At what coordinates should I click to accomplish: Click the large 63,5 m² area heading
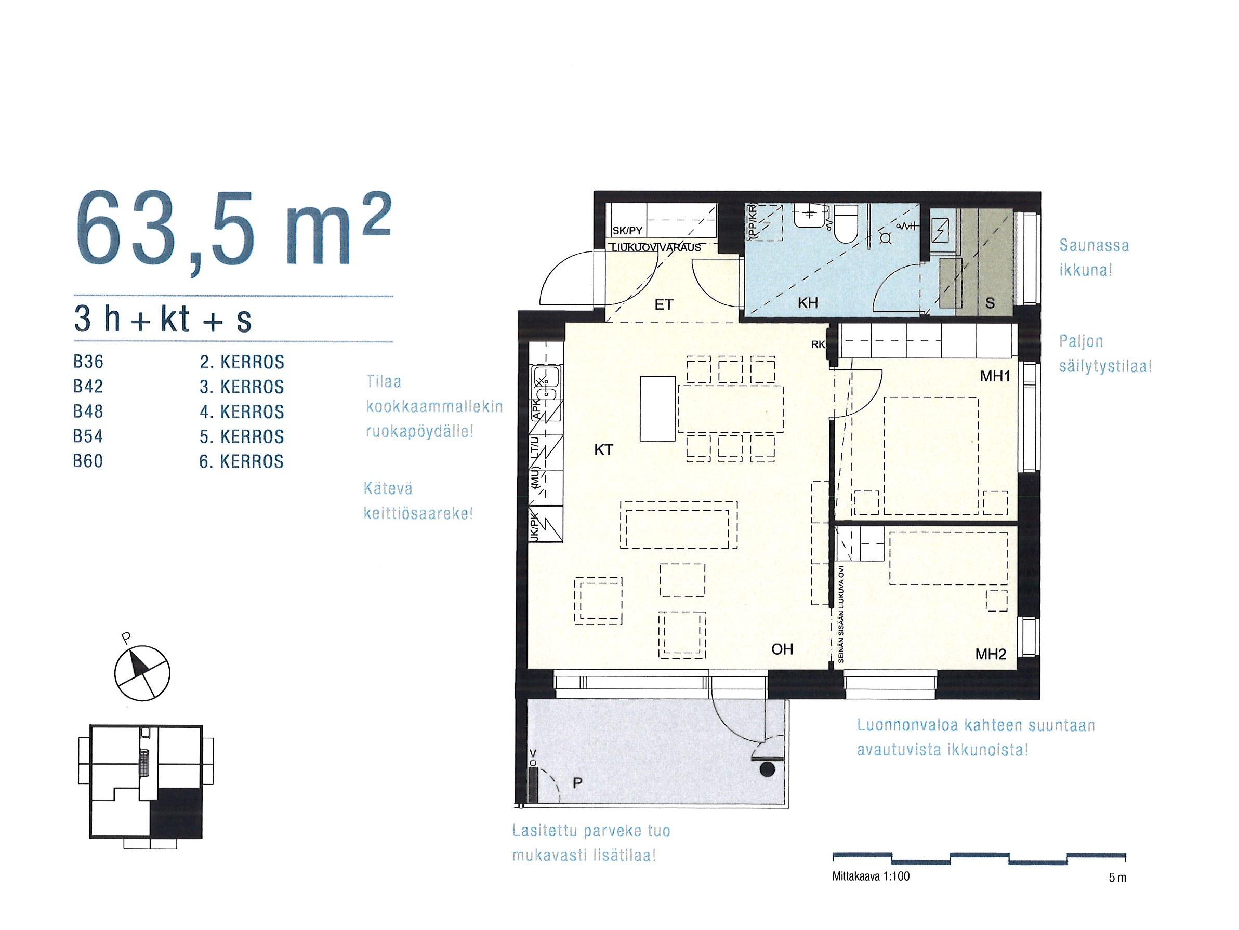click(232, 233)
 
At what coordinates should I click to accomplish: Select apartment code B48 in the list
click(88, 411)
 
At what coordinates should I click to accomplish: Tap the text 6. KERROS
click(242, 461)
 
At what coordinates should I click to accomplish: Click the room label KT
click(603, 449)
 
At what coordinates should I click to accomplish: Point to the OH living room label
click(782, 649)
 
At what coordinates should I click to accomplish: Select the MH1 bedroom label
click(995, 377)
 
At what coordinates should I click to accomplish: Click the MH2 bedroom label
click(991, 654)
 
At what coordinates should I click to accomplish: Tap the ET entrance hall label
click(664, 304)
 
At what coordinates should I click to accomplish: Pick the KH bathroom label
click(808, 303)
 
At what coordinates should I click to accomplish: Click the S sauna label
click(990, 303)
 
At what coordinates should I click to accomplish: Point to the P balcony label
click(578, 785)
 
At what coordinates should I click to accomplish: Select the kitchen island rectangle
click(657, 409)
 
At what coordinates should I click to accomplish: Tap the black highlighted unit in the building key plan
click(176, 812)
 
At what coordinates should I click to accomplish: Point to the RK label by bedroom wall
click(818, 345)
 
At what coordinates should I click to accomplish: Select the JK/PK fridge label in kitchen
click(534, 526)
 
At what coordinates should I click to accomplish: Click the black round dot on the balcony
click(768, 770)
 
